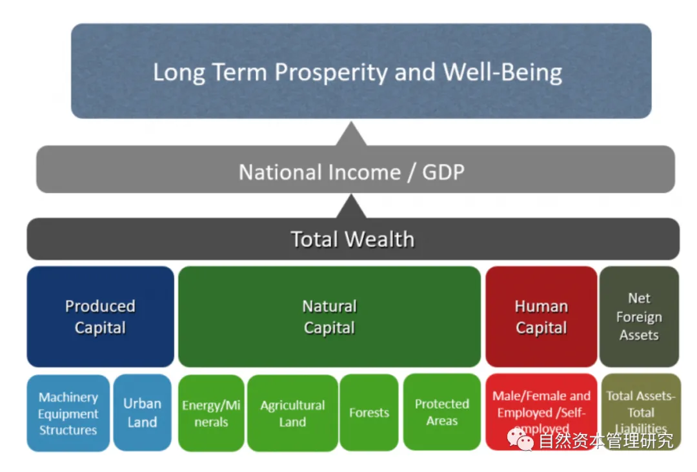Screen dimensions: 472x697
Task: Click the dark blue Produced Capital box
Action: pos(100,316)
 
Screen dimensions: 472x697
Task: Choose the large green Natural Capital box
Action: pos(329,316)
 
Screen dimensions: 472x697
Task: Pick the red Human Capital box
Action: pos(541,316)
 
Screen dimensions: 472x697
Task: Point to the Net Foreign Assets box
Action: pos(639,316)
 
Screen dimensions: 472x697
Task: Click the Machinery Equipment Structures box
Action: pos(68,413)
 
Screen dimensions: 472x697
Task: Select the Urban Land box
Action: pos(142,413)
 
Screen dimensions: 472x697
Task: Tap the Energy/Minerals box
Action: pos(211,413)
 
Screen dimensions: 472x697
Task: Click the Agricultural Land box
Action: pos(292,413)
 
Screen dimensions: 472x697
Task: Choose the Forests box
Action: pos(369,413)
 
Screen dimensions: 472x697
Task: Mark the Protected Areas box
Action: pos(442,412)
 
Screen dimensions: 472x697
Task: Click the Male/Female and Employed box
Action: pos(541,407)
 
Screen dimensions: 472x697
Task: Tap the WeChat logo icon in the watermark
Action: pos(520,439)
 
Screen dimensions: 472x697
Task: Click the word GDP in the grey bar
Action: pos(443,172)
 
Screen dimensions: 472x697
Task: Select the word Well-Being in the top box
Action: pos(502,72)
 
